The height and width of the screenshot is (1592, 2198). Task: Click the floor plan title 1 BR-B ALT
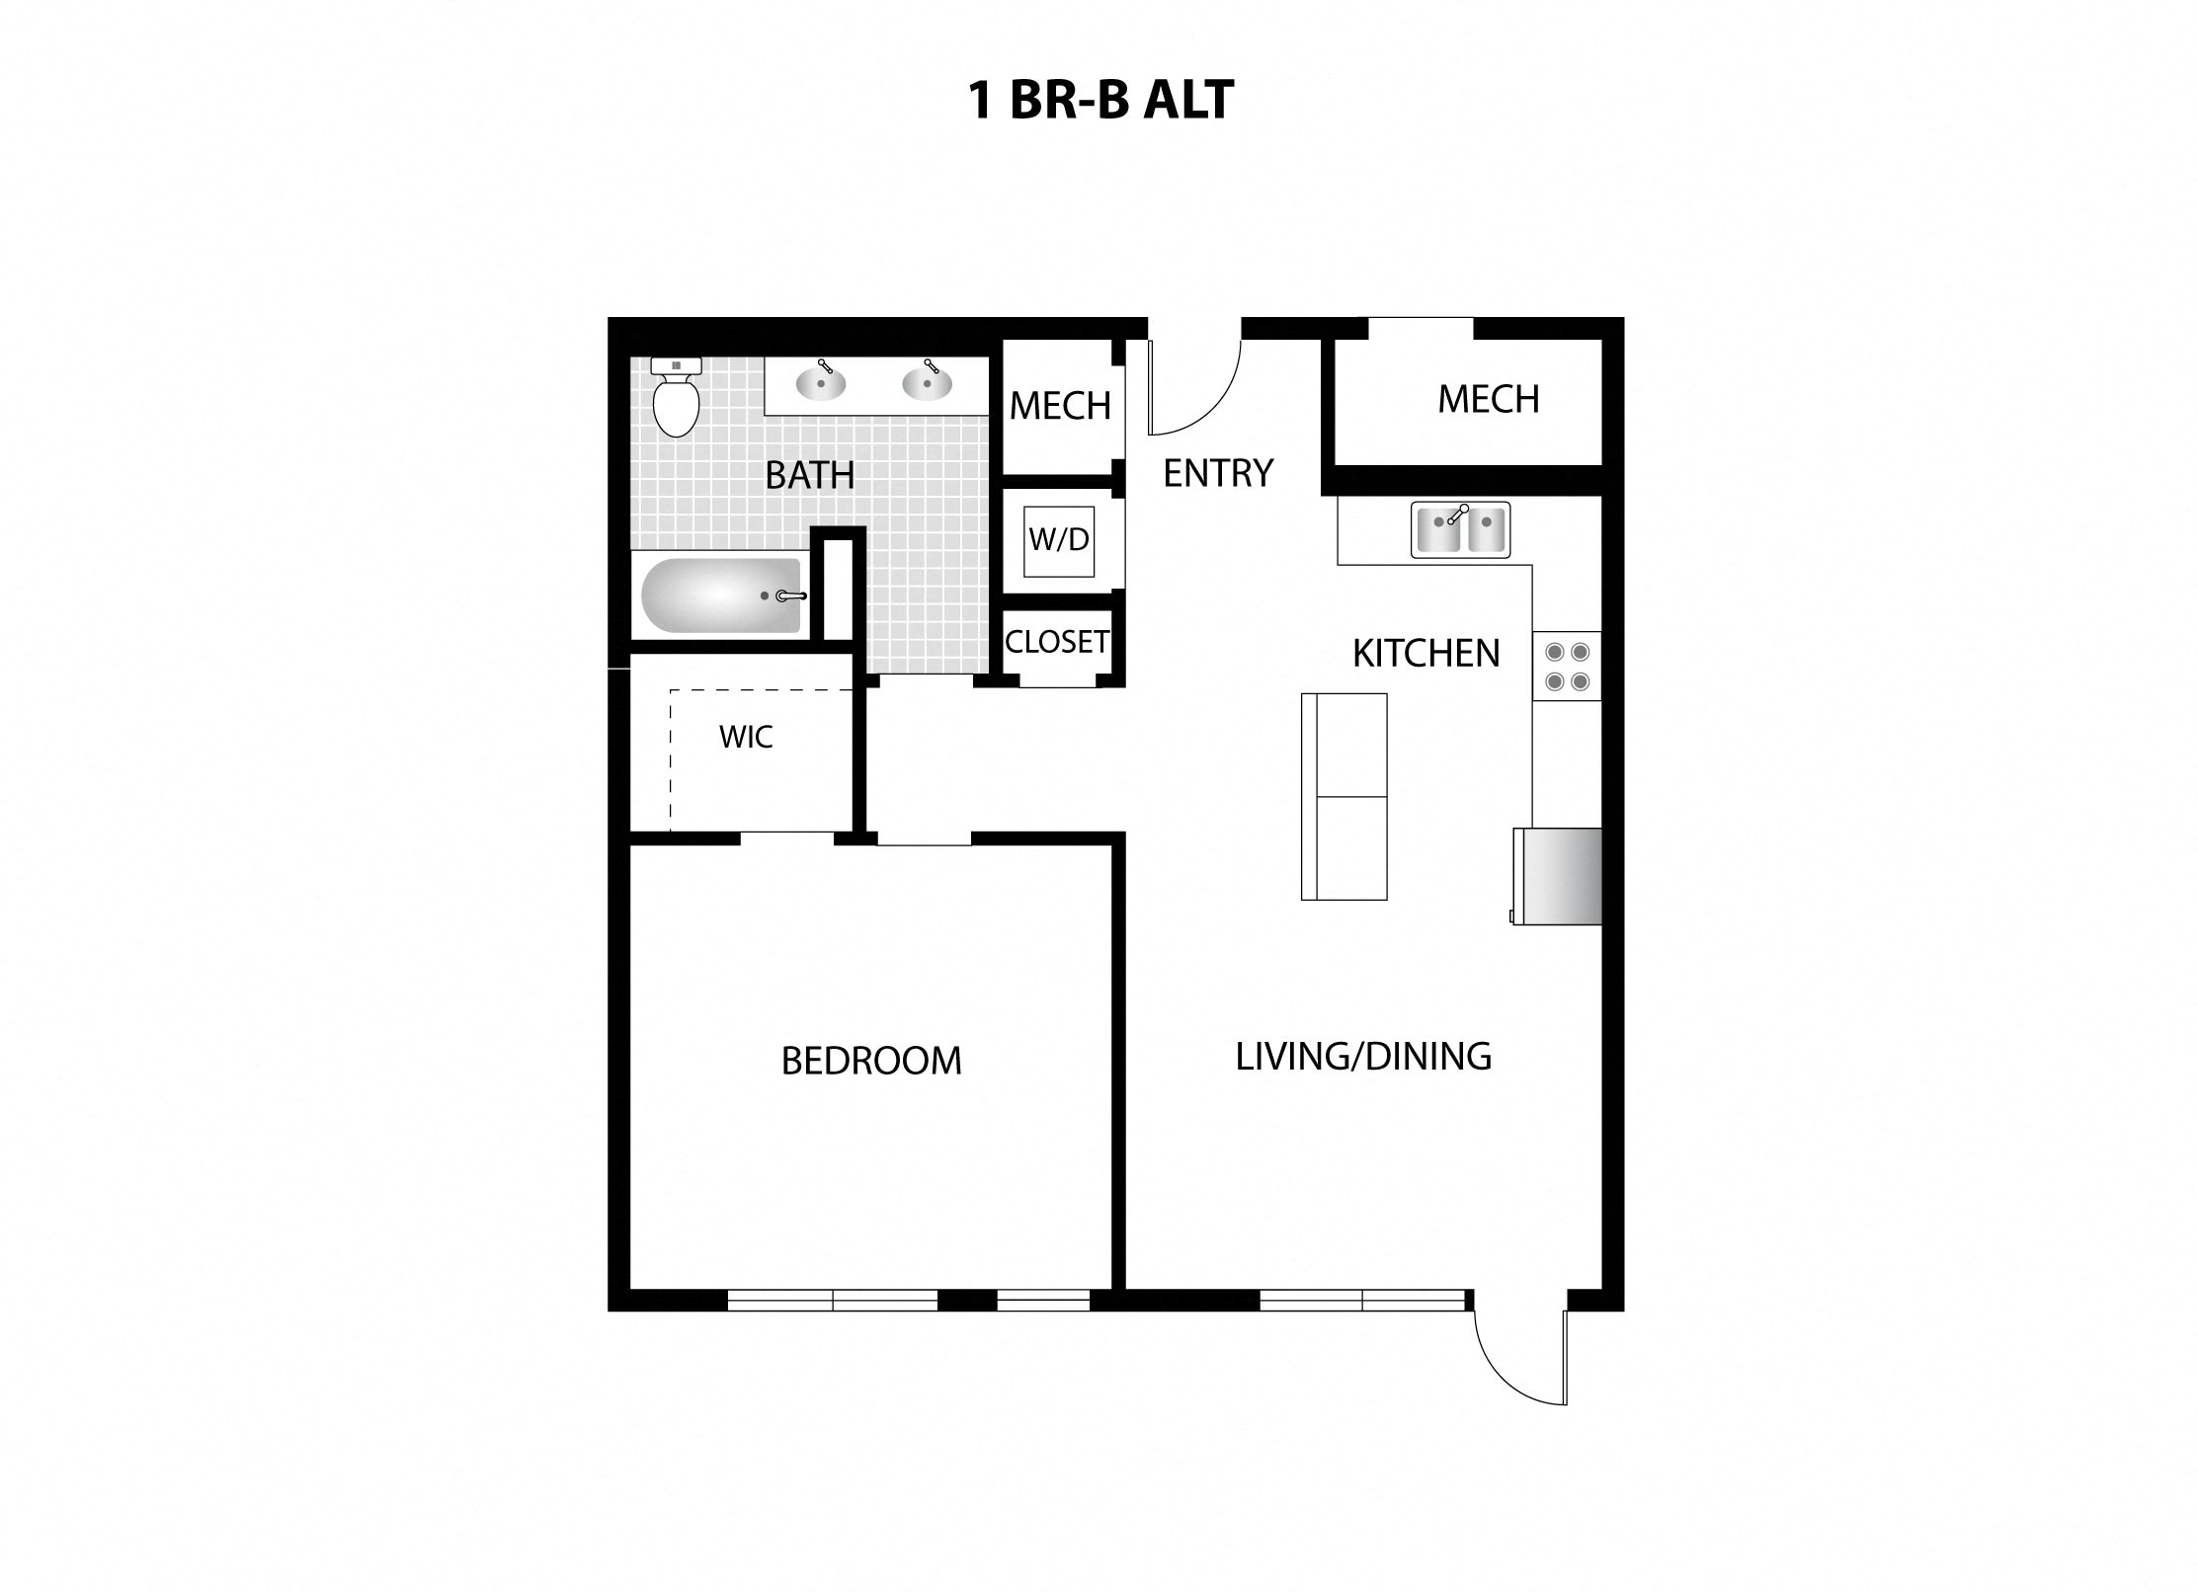point(1099,101)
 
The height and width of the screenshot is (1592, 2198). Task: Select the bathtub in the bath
point(721,596)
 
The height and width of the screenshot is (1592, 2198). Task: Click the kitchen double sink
point(1460,529)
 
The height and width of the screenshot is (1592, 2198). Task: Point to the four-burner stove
point(1567,667)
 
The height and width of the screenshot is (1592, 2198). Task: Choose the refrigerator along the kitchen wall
point(1558,876)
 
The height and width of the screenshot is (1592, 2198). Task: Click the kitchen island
point(1343,796)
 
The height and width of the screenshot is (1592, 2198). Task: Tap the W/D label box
point(1059,540)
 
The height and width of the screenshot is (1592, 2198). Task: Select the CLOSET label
point(1057,642)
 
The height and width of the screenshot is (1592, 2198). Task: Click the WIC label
point(746,737)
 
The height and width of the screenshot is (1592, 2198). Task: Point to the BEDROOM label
point(871,1061)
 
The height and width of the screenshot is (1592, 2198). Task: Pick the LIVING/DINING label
point(1363,1057)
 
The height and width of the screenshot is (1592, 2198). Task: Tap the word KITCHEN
point(1425,654)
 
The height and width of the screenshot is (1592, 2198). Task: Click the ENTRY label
point(1218,474)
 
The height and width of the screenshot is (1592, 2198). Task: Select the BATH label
point(810,476)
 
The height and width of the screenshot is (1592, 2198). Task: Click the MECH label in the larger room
point(1488,400)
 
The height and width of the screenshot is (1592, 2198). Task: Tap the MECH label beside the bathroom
point(1060,406)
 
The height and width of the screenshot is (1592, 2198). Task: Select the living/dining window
point(1362,1301)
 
